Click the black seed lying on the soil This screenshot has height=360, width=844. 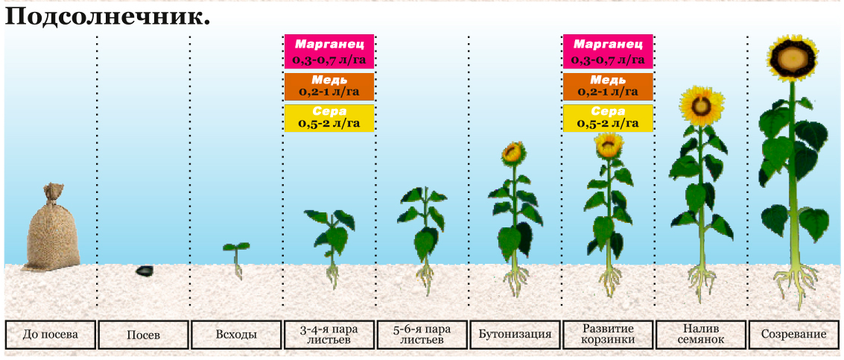(x=145, y=271)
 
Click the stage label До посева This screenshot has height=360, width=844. (x=51, y=335)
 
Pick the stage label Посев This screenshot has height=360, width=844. (x=143, y=335)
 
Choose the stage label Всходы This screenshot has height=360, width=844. (x=236, y=335)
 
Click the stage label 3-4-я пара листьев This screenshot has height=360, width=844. (x=329, y=335)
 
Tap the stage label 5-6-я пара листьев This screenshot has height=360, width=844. (x=422, y=335)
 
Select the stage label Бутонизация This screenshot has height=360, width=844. (x=515, y=335)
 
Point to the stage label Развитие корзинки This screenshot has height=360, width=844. (x=607, y=335)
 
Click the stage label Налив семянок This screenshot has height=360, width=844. (x=700, y=335)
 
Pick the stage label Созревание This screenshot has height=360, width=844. (x=794, y=335)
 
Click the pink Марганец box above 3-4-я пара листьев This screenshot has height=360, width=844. (x=329, y=51)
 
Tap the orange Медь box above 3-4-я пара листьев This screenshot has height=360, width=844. (x=329, y=86)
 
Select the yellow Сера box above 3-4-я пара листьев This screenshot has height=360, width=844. (x=329, y=118)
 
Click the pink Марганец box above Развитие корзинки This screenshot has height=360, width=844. (x=608, y=51)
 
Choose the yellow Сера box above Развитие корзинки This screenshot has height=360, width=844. (x=608, y=118)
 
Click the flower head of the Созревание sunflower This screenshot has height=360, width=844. (x=792, y=59)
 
